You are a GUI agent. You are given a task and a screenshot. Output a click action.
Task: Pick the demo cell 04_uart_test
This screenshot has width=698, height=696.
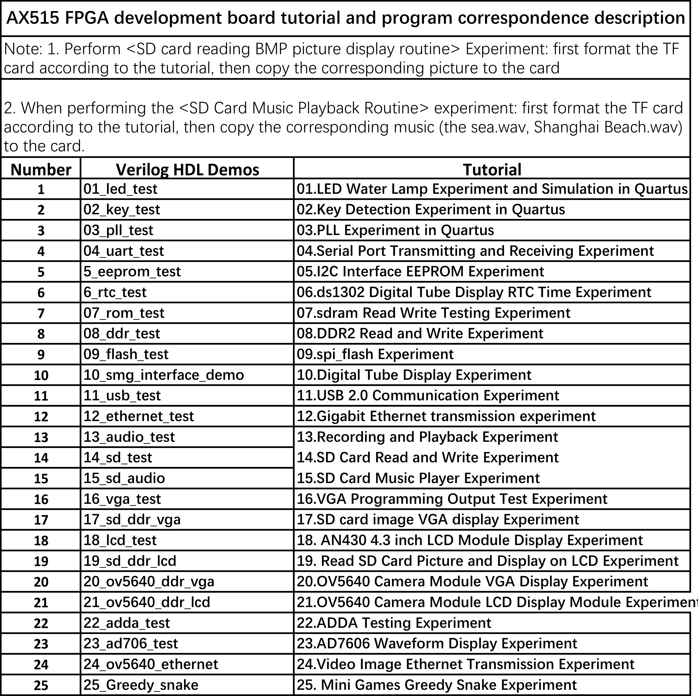pyautogui.click(x=124, y=251)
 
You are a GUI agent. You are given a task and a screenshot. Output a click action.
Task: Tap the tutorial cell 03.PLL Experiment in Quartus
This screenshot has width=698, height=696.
pyautogui.click(x=395, y=230)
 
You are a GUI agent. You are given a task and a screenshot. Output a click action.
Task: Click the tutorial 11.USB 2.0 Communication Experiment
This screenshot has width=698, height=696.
pyautogui.click(x=428, y=395)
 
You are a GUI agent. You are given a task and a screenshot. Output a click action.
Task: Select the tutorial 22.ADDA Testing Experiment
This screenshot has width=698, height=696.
pyautogui.click(x=394, y=623)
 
